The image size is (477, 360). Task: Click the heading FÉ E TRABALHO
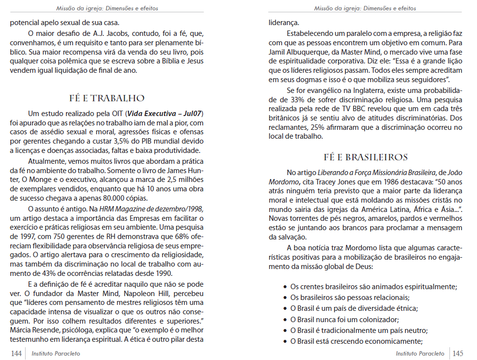pos(107,98)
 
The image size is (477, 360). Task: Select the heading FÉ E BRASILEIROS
pos(366,157)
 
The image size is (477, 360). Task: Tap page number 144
pos(16,353)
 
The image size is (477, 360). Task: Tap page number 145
pos(457,353)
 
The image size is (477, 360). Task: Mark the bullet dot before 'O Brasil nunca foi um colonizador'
pos(286,319)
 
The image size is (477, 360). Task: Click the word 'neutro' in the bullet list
pos(416,330)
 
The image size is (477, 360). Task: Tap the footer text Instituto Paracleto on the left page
pos(55,353)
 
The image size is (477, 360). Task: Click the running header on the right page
pos(365,8)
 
